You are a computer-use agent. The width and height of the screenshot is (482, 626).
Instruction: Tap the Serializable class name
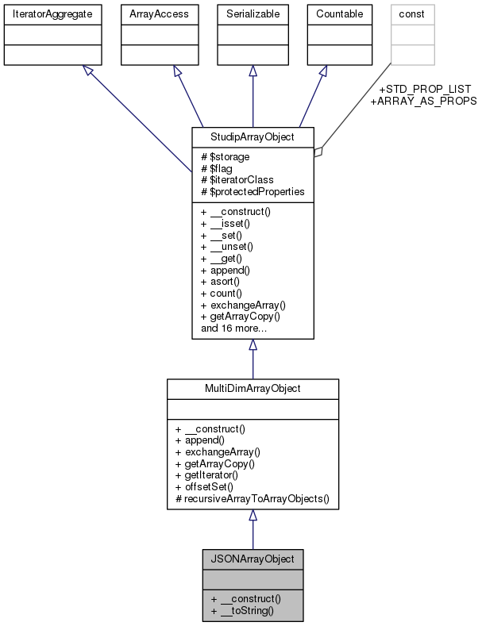tap(253, 15)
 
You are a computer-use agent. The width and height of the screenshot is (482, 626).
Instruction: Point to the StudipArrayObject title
tap(253, 136)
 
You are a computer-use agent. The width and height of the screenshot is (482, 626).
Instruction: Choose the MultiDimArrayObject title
tap(253, 389)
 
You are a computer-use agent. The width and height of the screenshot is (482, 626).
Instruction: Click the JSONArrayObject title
tap(253, 559)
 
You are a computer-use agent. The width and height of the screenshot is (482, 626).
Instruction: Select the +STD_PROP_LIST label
tap(426, 89)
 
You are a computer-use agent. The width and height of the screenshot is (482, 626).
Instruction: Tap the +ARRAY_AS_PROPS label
tap(424, 102)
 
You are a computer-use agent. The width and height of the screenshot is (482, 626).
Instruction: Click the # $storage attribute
tap(225, 157)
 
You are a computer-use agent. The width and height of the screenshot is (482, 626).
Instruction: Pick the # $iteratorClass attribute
tap(237, 180)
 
